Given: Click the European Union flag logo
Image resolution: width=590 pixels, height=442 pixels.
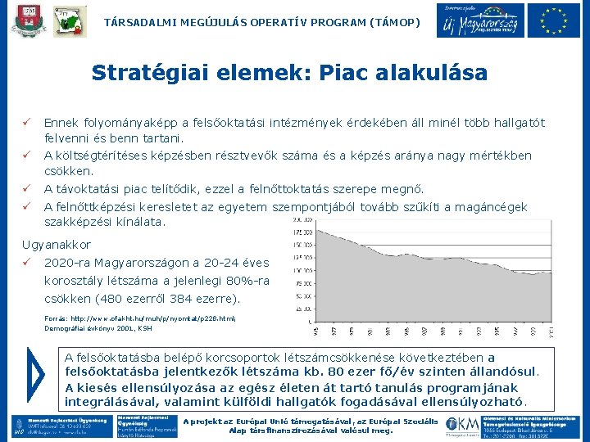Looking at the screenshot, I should pos(554,21).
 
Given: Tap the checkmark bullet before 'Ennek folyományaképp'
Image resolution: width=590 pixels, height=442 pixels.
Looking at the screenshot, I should pos(26,123).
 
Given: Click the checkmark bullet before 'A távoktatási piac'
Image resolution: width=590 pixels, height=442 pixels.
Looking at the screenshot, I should pos(26,188).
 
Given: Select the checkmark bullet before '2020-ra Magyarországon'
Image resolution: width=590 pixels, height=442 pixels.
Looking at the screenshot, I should pos(26,263).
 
